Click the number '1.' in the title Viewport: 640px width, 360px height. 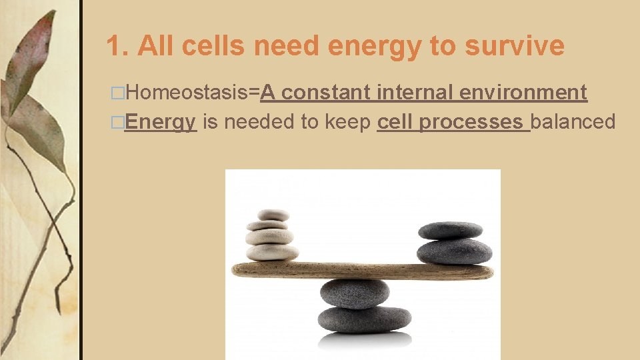[x=118, y=46]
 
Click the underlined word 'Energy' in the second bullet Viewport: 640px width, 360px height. [x=160, y=122]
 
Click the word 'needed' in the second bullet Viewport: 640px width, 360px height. [x=257, y=122]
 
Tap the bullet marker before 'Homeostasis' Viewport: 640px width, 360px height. [x=118, y=93]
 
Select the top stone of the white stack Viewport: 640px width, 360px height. [x=273, y=215]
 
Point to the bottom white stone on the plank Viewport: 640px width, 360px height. [x=273, y=252]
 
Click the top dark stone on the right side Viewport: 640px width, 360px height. [x=450, y=231]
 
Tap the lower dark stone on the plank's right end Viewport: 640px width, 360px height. [x=454, y=251]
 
